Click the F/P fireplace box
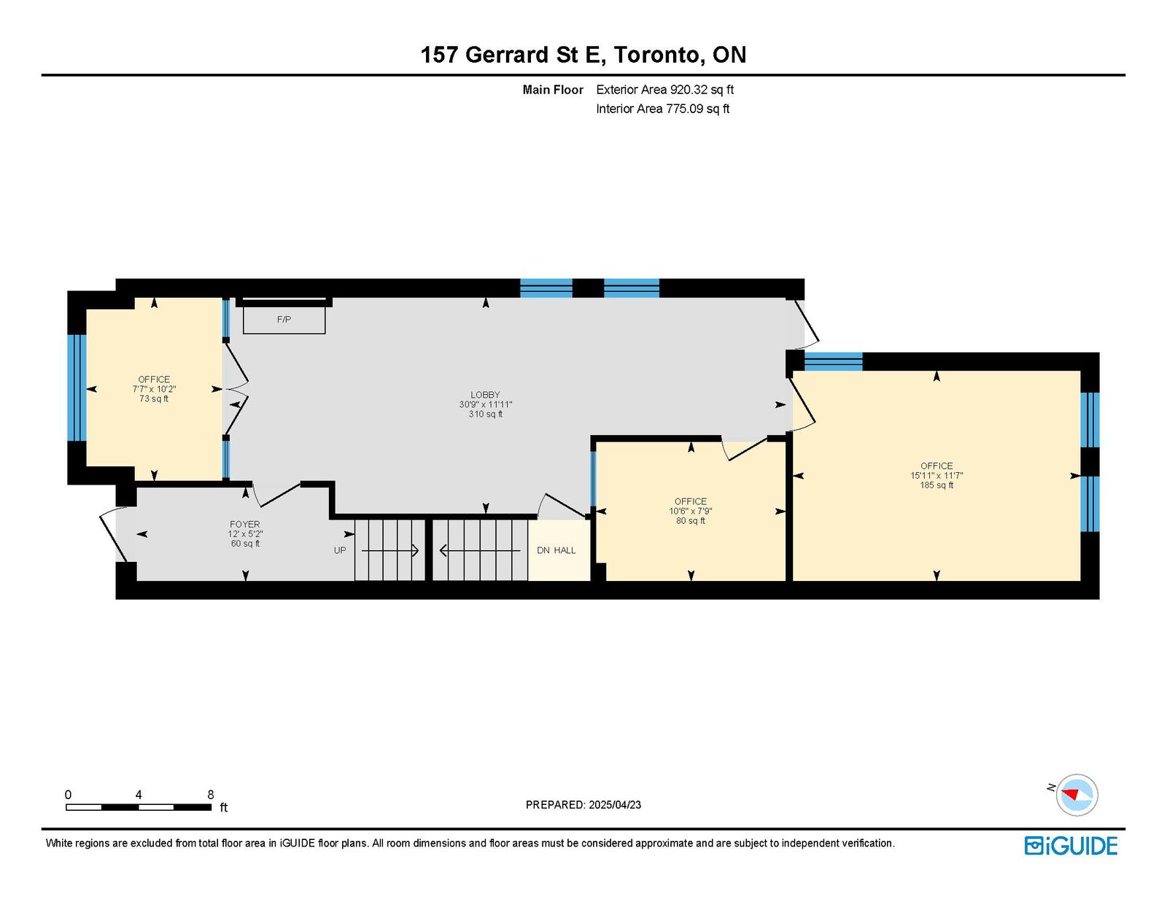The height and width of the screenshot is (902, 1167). pos(284,320)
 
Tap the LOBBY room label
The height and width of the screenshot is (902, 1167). pos(486,395)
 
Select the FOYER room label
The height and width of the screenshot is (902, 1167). pos(245,524)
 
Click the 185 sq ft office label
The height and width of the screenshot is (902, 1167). pos(937,475)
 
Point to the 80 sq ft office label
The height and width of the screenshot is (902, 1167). pos(691,511)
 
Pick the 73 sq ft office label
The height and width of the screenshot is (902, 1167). pos(154,389)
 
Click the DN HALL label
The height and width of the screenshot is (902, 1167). pos(557,551)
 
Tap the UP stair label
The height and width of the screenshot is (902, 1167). pos(340,551)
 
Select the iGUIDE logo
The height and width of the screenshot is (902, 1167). pos(1071,846)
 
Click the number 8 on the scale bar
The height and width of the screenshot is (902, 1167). pos(211,795)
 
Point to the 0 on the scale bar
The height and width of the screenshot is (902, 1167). pos(69,795)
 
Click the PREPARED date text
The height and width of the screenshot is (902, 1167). pos(583,805)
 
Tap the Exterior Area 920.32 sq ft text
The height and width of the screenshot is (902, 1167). pos(665,90)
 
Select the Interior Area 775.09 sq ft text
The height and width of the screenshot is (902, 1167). pos(663,109)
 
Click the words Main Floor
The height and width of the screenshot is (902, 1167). pos(553,90)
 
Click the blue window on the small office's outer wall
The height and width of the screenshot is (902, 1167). pos(77,388)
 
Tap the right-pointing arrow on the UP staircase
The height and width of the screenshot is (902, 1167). pos(390,551)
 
